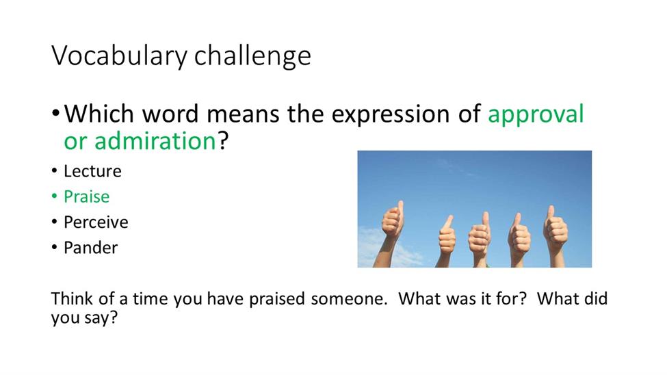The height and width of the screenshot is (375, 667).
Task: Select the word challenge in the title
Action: click(x=252, y=55)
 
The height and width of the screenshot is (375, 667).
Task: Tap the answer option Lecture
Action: click(x=93, y=171)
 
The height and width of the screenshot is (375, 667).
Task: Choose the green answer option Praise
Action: click(x=87, y=196)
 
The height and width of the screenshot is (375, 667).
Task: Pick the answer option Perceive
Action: click(x=96, y=222)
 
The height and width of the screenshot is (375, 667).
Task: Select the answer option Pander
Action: click(x=90, y=248)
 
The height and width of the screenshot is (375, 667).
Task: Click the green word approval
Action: click(x=536, y=115)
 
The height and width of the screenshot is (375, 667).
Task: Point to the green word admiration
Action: click(x=155, y=142)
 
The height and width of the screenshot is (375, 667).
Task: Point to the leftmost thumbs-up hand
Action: click(x=390, y=233)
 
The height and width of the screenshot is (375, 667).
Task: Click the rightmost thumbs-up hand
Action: click(x=555, y=236)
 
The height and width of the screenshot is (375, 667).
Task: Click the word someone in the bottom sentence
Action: click(x=349, y=299)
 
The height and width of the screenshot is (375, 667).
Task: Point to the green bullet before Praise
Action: click(x=54, y=196)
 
